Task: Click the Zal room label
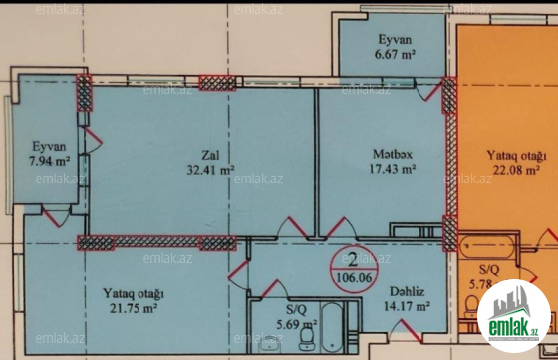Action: click(210, 155)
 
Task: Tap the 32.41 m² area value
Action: click(210, 170)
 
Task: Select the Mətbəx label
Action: click(393, 154)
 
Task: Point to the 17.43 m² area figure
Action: click(393, 169)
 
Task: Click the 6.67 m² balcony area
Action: click(395, 54)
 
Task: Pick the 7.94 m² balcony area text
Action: click(49, 161)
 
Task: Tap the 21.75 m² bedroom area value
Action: click(134, 308)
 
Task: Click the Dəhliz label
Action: click(408, 291)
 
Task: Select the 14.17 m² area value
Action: click(408, 306)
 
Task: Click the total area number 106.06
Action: click(354, 277)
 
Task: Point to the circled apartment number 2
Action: click(353, 261)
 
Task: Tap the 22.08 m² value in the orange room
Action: click(516, 170)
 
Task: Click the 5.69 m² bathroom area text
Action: click(297, 324)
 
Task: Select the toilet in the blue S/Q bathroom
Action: click(306, 339)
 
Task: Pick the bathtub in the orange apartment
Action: click(487, 247)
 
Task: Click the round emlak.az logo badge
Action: click(513, 316)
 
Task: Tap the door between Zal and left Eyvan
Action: click(92, 141)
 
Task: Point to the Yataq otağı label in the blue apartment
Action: click(134, 294)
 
